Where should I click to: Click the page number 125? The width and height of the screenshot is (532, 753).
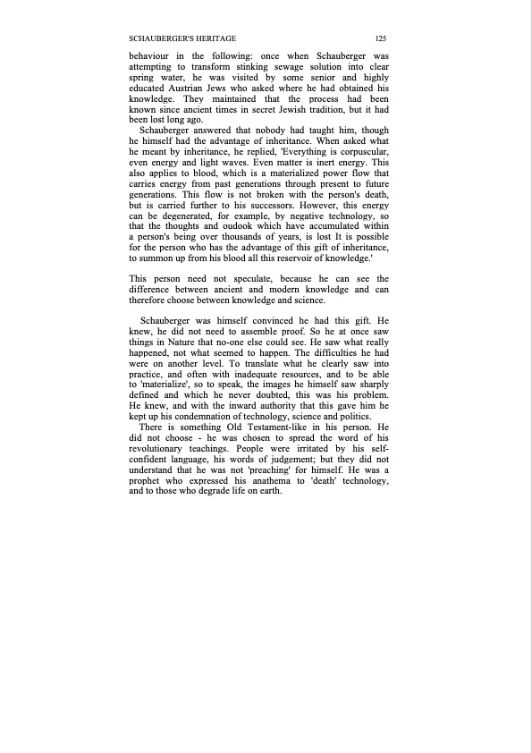tap(381, 38)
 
